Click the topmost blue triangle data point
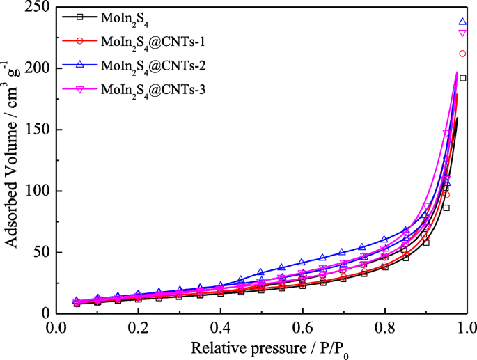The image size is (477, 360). pyautogui.click(x=462, y=22)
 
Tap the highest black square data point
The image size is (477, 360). pyautogui.click(x=462, y=78)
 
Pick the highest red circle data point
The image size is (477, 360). pyautogui.click(x=462, y=54)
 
